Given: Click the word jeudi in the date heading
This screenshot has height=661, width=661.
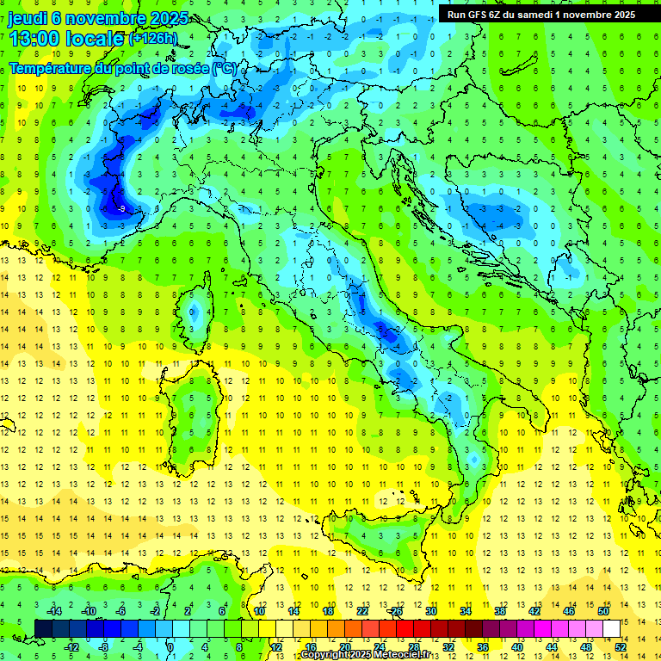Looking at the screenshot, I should (x=28, y=18).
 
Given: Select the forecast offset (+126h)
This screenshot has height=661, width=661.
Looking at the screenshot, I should (x=152, y=39).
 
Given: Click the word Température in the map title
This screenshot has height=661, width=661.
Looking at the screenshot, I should (x=51, y=67).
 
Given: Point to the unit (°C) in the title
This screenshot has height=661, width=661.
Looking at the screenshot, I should (x=223, y=67).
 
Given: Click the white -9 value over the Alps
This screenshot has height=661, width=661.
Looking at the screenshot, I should (x=121, y=208).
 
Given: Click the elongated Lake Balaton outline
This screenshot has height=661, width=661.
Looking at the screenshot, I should (x=513, y=65).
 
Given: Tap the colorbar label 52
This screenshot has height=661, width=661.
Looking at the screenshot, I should (x=621, y=647).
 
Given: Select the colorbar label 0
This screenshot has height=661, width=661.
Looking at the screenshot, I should (x=170, y=647).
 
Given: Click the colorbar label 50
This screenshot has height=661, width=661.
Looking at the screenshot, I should (x=603, y=611).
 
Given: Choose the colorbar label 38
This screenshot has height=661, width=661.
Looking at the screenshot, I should (x=500, y=611).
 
